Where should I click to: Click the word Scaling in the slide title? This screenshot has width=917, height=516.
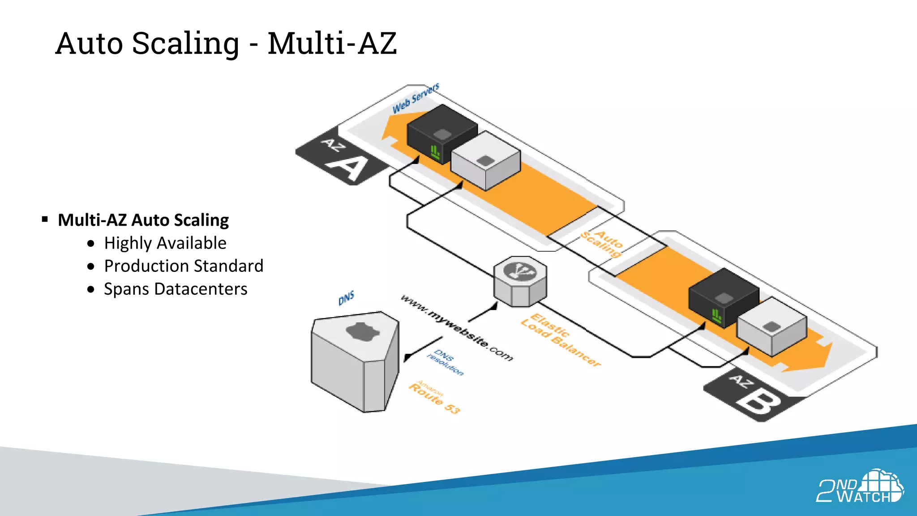point(185,44)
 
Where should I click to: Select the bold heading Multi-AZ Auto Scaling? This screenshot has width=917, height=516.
point(143,220)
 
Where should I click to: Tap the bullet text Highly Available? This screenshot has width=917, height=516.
point(165,243)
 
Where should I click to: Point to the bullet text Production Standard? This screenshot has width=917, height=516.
point(184,266)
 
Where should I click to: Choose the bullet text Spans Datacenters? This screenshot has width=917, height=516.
point(176,289)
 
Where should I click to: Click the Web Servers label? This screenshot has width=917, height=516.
point(416,99)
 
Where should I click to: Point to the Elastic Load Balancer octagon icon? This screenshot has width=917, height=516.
point(520,281)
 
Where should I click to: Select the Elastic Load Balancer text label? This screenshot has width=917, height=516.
point(560,340)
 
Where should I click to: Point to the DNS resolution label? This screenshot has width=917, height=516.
point(446,362)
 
